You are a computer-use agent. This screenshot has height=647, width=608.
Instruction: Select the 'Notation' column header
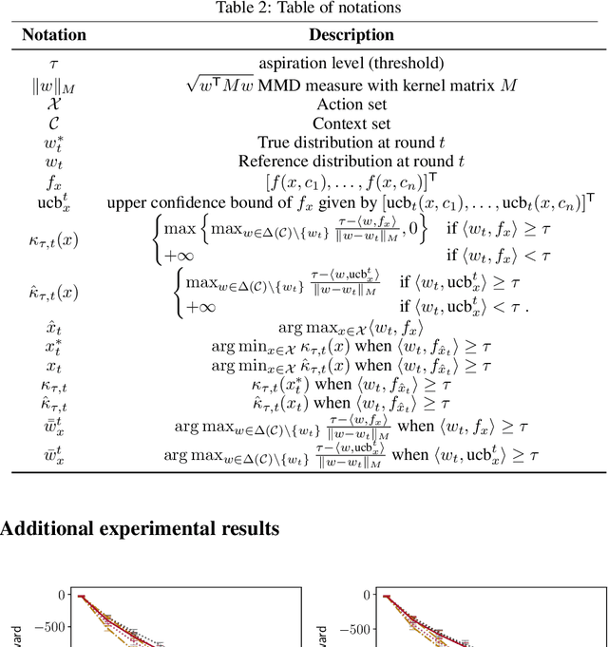point(54,35)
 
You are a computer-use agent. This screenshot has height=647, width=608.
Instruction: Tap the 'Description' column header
point(351,35)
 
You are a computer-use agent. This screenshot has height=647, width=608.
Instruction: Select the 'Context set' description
point(351,124)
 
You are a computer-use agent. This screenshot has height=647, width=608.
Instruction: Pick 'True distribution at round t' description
point(351,143)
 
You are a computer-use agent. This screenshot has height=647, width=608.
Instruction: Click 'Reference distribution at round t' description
point(351,162)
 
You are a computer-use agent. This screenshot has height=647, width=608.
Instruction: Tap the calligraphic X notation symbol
point(54,105)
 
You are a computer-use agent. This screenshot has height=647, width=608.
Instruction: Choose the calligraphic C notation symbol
point(54,124)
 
